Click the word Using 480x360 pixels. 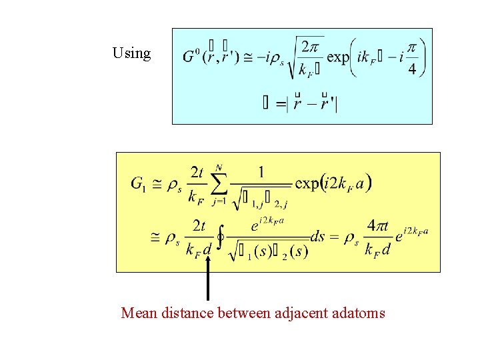(x=132, y=53)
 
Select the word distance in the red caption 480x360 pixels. (x=187, y=312)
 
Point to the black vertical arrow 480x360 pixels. (x=209, y=280)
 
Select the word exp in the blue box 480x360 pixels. (x=338, y=57)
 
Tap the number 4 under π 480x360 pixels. (x=413, y=70)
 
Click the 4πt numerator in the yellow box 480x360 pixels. (x=377, y=227)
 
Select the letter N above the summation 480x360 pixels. (x=219, y=167)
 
